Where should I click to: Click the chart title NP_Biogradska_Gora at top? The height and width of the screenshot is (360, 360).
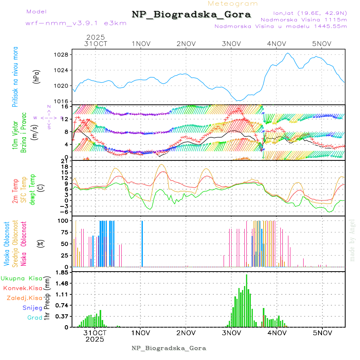click(x=191, y=15)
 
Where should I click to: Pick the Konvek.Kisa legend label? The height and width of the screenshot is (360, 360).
click(x=23, y=288)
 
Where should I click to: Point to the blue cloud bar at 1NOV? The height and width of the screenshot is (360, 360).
click(x=142, y=243)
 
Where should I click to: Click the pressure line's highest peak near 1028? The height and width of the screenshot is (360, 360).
click(x=288, y=53)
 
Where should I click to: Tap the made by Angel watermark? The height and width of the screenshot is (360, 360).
click(x=352, y=240)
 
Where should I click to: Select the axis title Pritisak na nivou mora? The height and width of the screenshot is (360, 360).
click(x=15, y=77)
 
